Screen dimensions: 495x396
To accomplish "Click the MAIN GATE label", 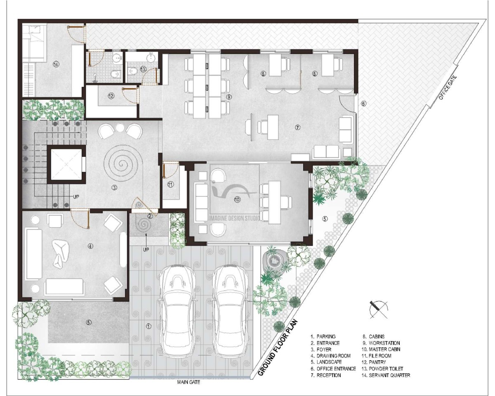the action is pyautogui.click(x=189, y=382).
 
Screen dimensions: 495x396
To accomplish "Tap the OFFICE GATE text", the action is pyautogui.click(x=448, y=88).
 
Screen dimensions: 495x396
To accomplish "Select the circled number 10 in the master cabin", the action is pyautogui.click(x=237, y=200).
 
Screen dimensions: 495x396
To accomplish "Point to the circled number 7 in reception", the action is pyautogui.click(x=298, y=127).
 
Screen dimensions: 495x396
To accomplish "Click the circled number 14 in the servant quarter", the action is pyautogui.click(x=56, y=64).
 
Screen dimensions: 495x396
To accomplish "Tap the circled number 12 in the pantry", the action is pyautogui.click(x=111, y=96).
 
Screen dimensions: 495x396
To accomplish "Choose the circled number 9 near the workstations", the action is pyautogui.click(x=229, y=97).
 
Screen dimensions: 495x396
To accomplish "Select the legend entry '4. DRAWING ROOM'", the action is pyautogui.click(x=330, y=356).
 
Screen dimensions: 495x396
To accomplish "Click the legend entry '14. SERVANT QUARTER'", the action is pyautogui.click(x=386, y=375).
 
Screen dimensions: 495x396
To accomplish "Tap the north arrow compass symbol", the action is pyautogui.click(x=378, y=309).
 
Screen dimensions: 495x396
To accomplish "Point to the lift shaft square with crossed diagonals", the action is pyautogui.click(x=66, y=164).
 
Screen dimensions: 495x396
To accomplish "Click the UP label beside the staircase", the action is pyautogui.click(x=76, y=197).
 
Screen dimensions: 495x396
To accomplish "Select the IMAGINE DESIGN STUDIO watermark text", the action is pyautogui.click(x=234, y=218).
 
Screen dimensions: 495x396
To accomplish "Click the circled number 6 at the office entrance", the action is pyautogui.click(x=363, y=104).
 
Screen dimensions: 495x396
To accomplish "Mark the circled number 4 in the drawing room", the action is pyautogui.click(x=90, y=246).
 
